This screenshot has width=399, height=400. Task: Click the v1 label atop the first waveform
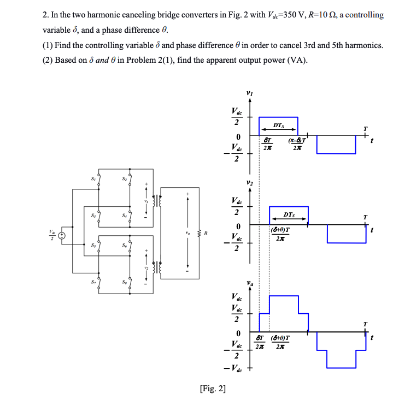[250, 93]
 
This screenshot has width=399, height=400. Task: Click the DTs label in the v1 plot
[278, 126]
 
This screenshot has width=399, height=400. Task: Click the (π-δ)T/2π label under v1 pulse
[296, 144]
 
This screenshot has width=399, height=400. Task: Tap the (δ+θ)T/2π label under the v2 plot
[280, 234]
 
